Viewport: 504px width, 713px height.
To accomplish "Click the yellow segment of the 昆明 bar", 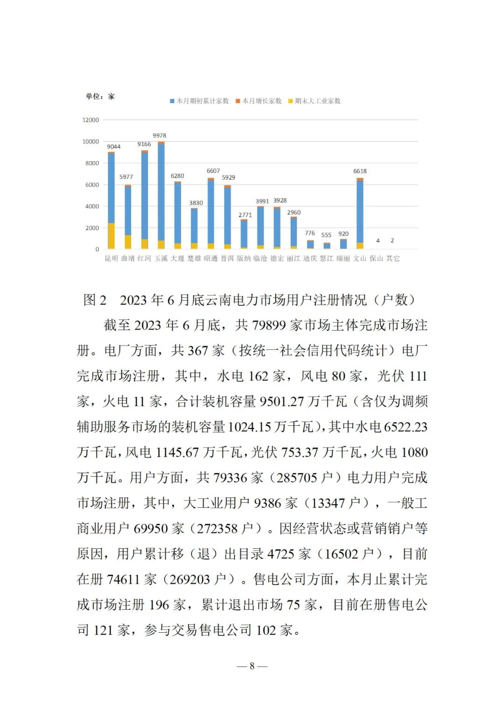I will click(111, 236).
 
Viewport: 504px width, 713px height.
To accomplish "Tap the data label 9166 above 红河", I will click(144, 144).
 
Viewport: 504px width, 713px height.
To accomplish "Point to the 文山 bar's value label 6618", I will click(360, 171).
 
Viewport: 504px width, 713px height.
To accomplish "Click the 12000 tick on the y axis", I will click(91, 120).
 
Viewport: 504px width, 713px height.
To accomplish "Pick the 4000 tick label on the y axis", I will click(92, 206).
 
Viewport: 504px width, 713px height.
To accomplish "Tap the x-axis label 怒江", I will click(327, 259).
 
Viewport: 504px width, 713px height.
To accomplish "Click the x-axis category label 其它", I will click(393, 259).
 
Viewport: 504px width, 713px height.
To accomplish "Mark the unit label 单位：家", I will click(100, 97).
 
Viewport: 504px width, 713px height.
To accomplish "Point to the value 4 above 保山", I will click(378, 241).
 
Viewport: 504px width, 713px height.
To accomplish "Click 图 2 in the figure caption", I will click(95, 300).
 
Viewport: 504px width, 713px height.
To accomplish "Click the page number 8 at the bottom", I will click(252, 666).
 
